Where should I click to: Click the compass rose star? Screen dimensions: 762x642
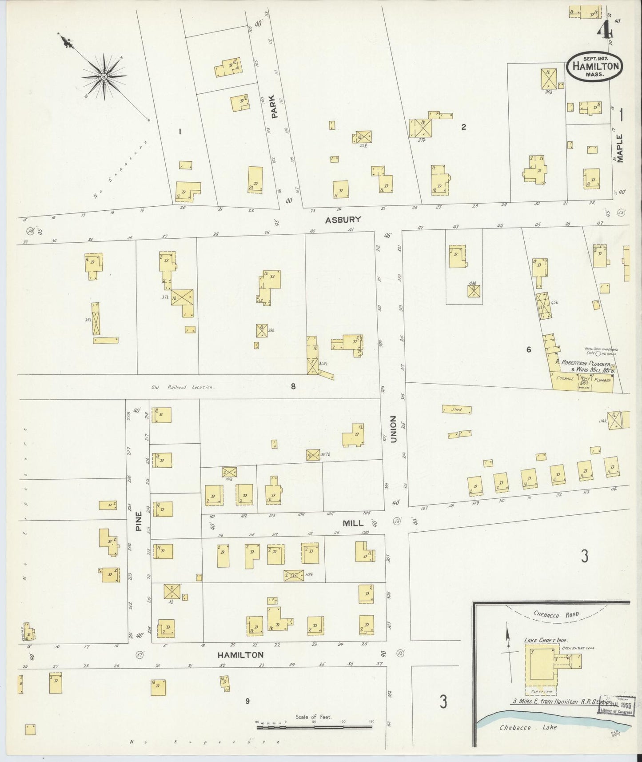(103, 76)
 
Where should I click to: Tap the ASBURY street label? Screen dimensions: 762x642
(343, 220)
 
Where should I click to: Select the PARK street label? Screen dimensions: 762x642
(274, 107)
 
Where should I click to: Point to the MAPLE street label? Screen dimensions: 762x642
(620, 148)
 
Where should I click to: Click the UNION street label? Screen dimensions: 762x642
(393, 429)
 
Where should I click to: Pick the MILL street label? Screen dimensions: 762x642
(353, 523)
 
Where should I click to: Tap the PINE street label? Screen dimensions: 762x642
(139, 522)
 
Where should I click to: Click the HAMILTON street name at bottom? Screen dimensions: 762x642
(240, 655)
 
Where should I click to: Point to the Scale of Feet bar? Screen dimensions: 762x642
(314, 727)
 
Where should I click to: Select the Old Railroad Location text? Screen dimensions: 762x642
(183, 387)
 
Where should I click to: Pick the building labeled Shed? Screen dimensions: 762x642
(457, 409)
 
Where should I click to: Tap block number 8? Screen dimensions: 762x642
(293, 386)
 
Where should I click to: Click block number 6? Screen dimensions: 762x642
(528, 349)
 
